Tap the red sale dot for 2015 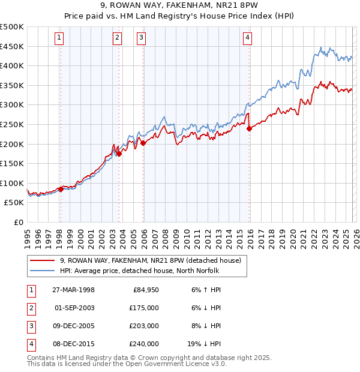[x=249, y=128]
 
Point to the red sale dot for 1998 [x=61, y=189]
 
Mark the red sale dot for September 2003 [x=119, y=154]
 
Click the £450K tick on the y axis [x=12, y=46]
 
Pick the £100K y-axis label [x=12, y=183]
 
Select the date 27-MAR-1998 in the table [x=73, y=290]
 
